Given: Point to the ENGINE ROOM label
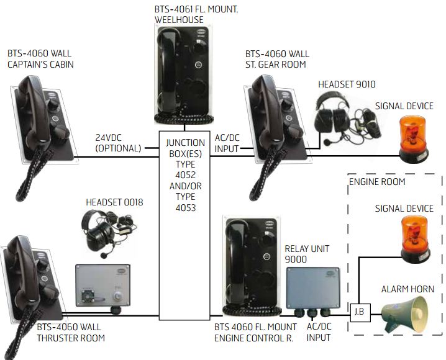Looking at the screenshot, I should pyautogui.click(x=377, y=182).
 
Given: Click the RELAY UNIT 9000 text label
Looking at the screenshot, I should pyautogui.click(x=306, y=254).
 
